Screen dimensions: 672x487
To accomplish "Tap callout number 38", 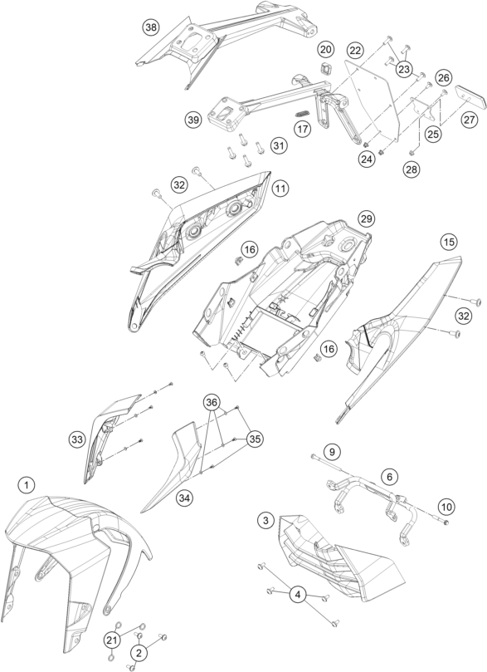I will coord(150,28).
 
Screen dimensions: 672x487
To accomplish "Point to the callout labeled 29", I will coord(366,218).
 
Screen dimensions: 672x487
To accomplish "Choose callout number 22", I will coord(355,52).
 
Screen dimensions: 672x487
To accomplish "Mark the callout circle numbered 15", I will coord(448,242).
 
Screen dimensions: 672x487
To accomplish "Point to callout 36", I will coord(213,402).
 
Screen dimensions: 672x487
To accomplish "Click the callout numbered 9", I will coord(331,452).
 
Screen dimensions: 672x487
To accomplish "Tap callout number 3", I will coord(265,520).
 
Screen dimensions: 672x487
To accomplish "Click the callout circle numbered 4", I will coord(296,594).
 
